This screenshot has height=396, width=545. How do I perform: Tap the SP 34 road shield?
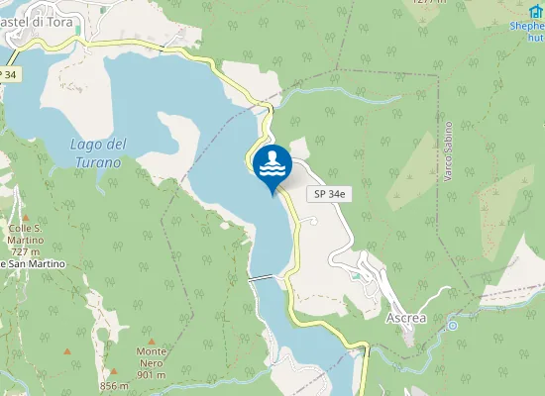coord(9,74)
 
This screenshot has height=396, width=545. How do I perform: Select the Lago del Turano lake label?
coord(96,153)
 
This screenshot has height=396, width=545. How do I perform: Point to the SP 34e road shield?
coord(329,195)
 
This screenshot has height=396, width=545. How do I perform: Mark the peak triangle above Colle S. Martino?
coord(26,217)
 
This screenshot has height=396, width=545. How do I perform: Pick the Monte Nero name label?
coord(151,357)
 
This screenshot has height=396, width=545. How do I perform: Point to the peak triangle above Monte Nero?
coord(152,337)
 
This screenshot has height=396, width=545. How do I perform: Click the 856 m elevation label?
coord(114,386)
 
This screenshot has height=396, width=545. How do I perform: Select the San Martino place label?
coord(34,264)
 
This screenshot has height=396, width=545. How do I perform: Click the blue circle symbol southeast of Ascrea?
coord(453,325)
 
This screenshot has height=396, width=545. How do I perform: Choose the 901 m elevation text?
coord(151,375)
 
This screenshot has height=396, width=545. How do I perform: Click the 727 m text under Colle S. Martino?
coord(26,251)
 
